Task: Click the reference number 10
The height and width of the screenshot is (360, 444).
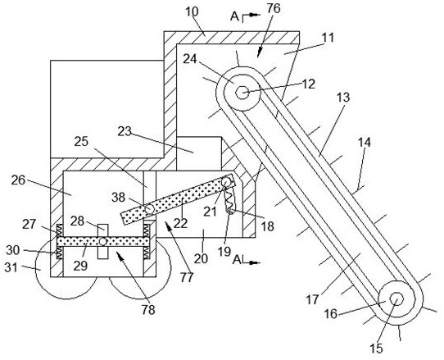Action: tap(193, 11)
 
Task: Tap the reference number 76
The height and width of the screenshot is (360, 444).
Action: tap(274, 8)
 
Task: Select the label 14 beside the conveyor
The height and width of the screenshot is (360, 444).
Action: tap(365, 142)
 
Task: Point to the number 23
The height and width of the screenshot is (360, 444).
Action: tap(125, 131)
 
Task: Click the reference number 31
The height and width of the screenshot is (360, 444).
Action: tap(11, 267)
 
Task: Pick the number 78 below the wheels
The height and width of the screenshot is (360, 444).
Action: tap(148, 310)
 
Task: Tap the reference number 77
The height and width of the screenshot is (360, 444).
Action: tap(186, 277)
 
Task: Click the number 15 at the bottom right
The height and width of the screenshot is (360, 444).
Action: tap(377, 349)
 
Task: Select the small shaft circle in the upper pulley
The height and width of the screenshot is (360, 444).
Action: tap(242, 92)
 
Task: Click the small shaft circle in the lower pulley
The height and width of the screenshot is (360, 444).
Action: tap(396, 298)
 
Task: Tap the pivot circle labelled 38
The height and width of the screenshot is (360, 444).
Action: tap(149, 209)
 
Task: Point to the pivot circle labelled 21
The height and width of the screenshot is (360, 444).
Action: tap(227, 181)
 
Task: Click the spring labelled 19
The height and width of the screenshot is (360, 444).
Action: tap(229, 201)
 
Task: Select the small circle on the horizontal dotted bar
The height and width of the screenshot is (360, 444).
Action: tap(102, 242)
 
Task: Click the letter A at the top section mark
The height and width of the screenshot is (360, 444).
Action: tap(234, 16)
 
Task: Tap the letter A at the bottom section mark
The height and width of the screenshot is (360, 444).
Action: tap(237, 260)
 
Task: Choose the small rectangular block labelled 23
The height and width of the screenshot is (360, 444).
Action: tap(199, 153)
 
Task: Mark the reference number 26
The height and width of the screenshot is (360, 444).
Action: tap(18, 180)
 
